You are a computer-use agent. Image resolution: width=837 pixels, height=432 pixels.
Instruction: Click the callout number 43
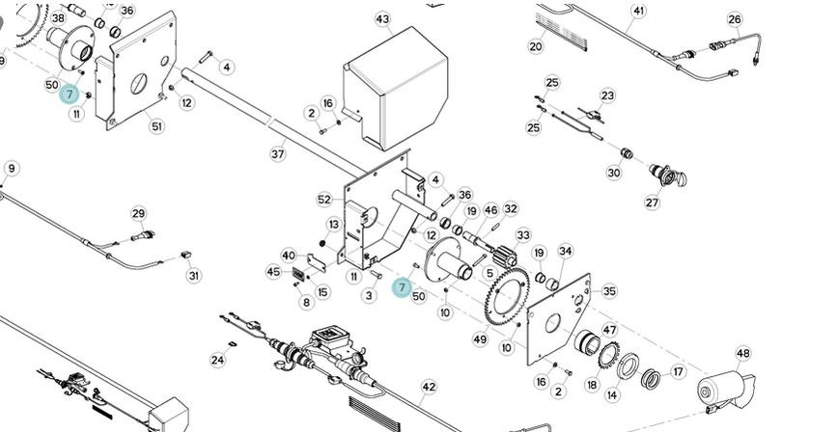point(382,19)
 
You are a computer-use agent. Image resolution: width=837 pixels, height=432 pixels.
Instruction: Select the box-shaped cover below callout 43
point(396,97)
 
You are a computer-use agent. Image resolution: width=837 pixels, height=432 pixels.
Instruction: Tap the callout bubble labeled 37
point(277,153)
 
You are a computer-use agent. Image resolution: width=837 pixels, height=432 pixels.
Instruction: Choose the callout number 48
point(742,354)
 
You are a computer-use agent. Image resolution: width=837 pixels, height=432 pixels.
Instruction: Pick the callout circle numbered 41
point(638,12)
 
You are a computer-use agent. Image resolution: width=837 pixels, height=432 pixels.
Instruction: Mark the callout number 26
point(735,19)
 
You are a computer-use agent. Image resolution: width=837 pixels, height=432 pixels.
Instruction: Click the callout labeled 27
point(653,202)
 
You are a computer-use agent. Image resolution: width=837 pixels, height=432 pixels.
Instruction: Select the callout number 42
point(429,387)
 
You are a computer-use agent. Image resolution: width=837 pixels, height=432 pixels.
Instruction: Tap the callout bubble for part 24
point(217,361)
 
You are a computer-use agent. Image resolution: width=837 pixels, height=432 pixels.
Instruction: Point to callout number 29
point(138,213)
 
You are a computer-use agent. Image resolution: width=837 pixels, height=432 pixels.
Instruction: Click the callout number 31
point(194,276)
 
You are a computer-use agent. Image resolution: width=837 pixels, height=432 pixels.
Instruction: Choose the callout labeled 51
point(156,126)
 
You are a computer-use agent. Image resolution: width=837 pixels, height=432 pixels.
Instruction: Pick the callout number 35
point(609,290)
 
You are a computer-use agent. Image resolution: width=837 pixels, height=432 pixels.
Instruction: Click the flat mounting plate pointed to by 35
point(560,318)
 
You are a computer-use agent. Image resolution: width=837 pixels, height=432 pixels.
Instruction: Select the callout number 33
point(523,235)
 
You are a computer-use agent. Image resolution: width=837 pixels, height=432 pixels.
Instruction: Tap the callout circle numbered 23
point(607,95)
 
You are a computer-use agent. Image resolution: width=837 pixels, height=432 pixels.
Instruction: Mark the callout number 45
point(273,272)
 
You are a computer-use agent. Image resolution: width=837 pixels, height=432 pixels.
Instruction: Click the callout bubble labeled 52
point(324,200)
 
